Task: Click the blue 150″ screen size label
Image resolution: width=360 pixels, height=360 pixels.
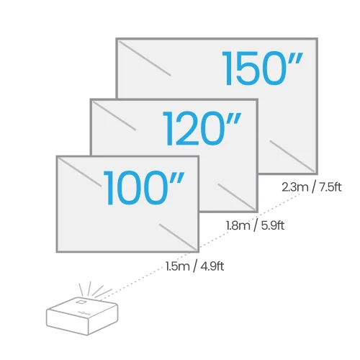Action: [x=263, y=68]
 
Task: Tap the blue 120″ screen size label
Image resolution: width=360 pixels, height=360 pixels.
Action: [x=202, y=128]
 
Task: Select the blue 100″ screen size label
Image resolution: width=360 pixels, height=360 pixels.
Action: [x=144, y=188]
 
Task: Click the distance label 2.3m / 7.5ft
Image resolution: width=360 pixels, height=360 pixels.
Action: [x=311, y=187]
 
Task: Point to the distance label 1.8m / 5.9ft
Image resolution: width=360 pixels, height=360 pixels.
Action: [x=255, y=225]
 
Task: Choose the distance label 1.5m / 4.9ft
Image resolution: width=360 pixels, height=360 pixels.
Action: [x=194, y=266]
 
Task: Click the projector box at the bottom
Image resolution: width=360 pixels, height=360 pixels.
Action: [x=82, y=315]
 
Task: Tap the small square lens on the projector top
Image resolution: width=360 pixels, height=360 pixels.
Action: [x=81, y=301]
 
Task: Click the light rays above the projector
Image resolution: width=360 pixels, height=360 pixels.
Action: [x=95, y=289]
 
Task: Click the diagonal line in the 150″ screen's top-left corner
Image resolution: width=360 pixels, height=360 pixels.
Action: [x=145, y=58]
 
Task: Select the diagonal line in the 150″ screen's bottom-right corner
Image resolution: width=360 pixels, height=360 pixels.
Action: [x=292, y=156]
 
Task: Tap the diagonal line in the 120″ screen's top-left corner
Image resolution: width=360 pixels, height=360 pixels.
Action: [x=114, y=116]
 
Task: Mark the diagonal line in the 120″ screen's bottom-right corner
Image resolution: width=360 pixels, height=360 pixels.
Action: [x=236, y=197]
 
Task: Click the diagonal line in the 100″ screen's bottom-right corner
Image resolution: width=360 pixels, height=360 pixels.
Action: [x=178, y=237]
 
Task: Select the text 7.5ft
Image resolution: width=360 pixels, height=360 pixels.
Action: [x=330, y=187]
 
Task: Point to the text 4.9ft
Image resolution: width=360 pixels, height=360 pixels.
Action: [x=212, y=266]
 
